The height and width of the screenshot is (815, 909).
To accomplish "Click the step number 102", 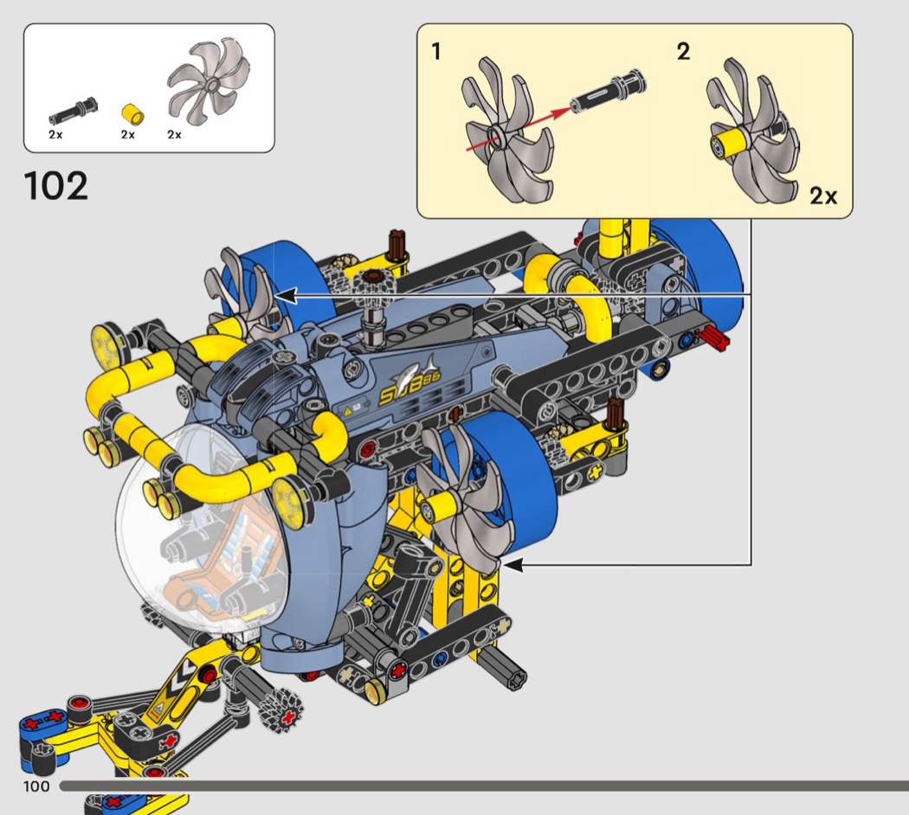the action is point(56,186).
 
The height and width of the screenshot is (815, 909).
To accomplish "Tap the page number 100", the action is point(36,786).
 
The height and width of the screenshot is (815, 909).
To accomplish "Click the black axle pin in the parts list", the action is point(73,110).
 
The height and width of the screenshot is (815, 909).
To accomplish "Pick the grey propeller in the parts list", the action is point(209,79).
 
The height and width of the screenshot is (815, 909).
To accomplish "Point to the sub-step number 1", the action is point(436,52).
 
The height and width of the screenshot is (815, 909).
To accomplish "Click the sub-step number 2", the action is point(684,52).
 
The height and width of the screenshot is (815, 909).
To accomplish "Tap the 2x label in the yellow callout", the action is point(823,196).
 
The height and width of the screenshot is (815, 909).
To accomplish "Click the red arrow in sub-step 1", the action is point(519,127).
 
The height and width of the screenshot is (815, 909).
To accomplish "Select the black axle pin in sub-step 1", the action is point(608,92).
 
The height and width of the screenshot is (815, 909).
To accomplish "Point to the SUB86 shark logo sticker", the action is point(410,382).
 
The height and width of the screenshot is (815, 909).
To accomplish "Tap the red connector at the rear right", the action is point(714,337).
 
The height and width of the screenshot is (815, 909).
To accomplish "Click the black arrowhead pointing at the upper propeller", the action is point(286,295).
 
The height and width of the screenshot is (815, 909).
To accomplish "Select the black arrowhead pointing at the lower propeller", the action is point(513,564).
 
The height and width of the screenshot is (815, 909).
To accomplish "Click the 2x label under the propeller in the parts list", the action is point(175,134).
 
